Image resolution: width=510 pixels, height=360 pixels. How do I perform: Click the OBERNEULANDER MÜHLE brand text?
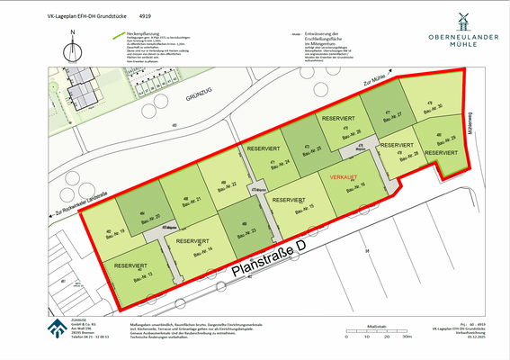[x=464, y=43]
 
